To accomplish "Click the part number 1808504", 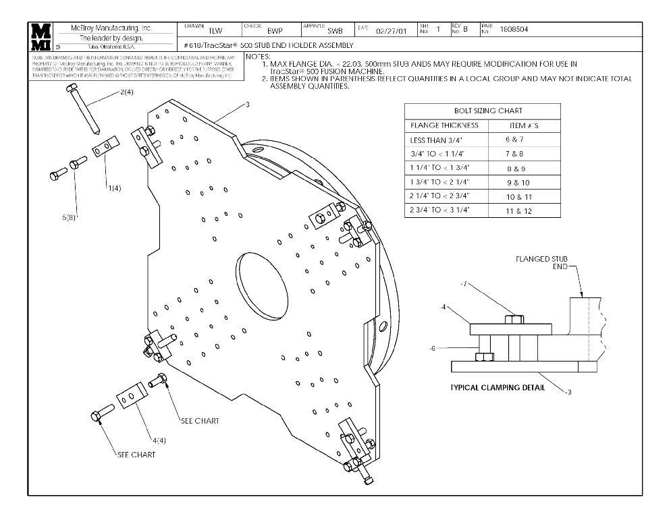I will pos(514,30).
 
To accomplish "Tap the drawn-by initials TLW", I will pos(215,30).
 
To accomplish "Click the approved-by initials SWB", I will pos(335,30).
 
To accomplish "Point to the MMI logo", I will pos(41,37).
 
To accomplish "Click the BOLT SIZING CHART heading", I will pos(482,111).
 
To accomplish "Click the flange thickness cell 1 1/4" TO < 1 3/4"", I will pos(444,167).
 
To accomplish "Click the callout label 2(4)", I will pos(126,92).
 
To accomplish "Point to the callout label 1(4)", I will pos(114,188).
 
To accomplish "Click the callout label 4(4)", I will pos(159,440).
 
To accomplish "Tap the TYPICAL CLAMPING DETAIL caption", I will pos(497,388).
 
